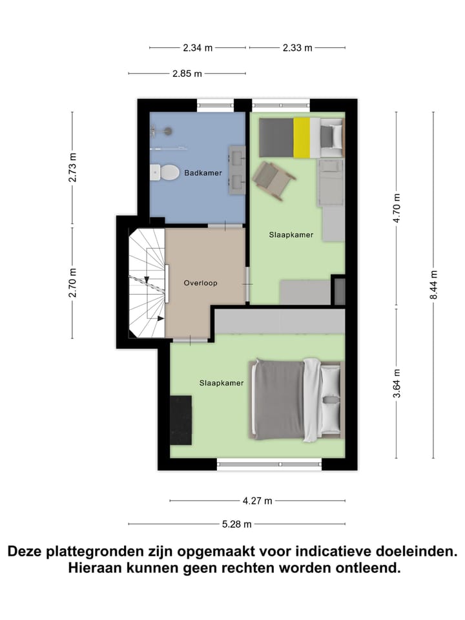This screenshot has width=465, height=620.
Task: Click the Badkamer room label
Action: tap(203, 173)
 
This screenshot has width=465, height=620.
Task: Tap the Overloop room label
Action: tap(200, 283)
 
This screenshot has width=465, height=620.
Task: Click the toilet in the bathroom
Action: tap(165, 172)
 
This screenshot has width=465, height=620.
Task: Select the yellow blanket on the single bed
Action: tap(302, 137)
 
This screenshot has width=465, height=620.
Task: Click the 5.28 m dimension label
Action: tap(237, 524)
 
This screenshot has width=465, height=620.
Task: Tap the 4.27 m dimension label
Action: tap(258, 501)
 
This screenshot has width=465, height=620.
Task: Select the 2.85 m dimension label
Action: tap(187, 74)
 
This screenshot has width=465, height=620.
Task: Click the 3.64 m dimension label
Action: tap(397, 383)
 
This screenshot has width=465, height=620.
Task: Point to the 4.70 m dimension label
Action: tap(397, 208)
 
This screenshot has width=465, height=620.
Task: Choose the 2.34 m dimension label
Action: tap(198, 48)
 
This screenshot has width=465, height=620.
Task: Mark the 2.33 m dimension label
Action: tap(297, 48)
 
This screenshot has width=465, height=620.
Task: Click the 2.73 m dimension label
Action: tap(73, 167)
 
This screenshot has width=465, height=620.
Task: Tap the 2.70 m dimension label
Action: tap(73, 283)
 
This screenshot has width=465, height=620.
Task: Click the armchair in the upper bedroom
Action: tap(273, 180)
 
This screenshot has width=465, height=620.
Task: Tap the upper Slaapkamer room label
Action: tap(291, 235)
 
